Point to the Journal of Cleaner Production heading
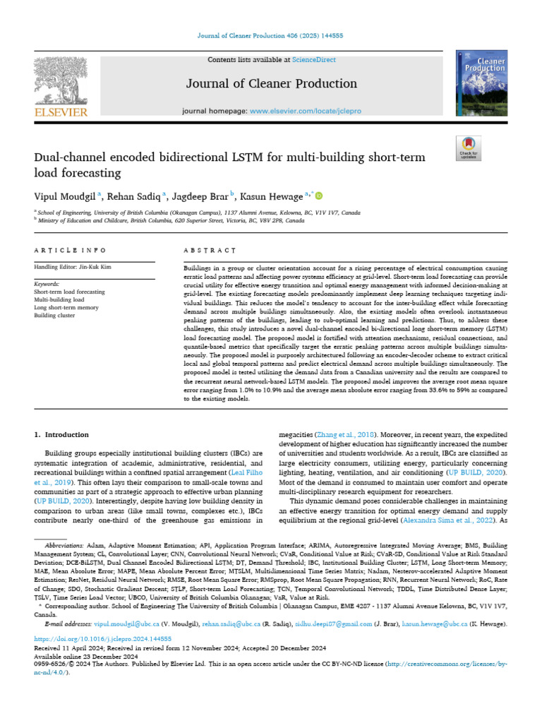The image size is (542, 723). tap(271, 84)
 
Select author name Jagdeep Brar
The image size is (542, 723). tap(200, 196)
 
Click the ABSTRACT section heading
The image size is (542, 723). tap(210, 251)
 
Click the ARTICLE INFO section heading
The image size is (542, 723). tap(71, 251)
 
